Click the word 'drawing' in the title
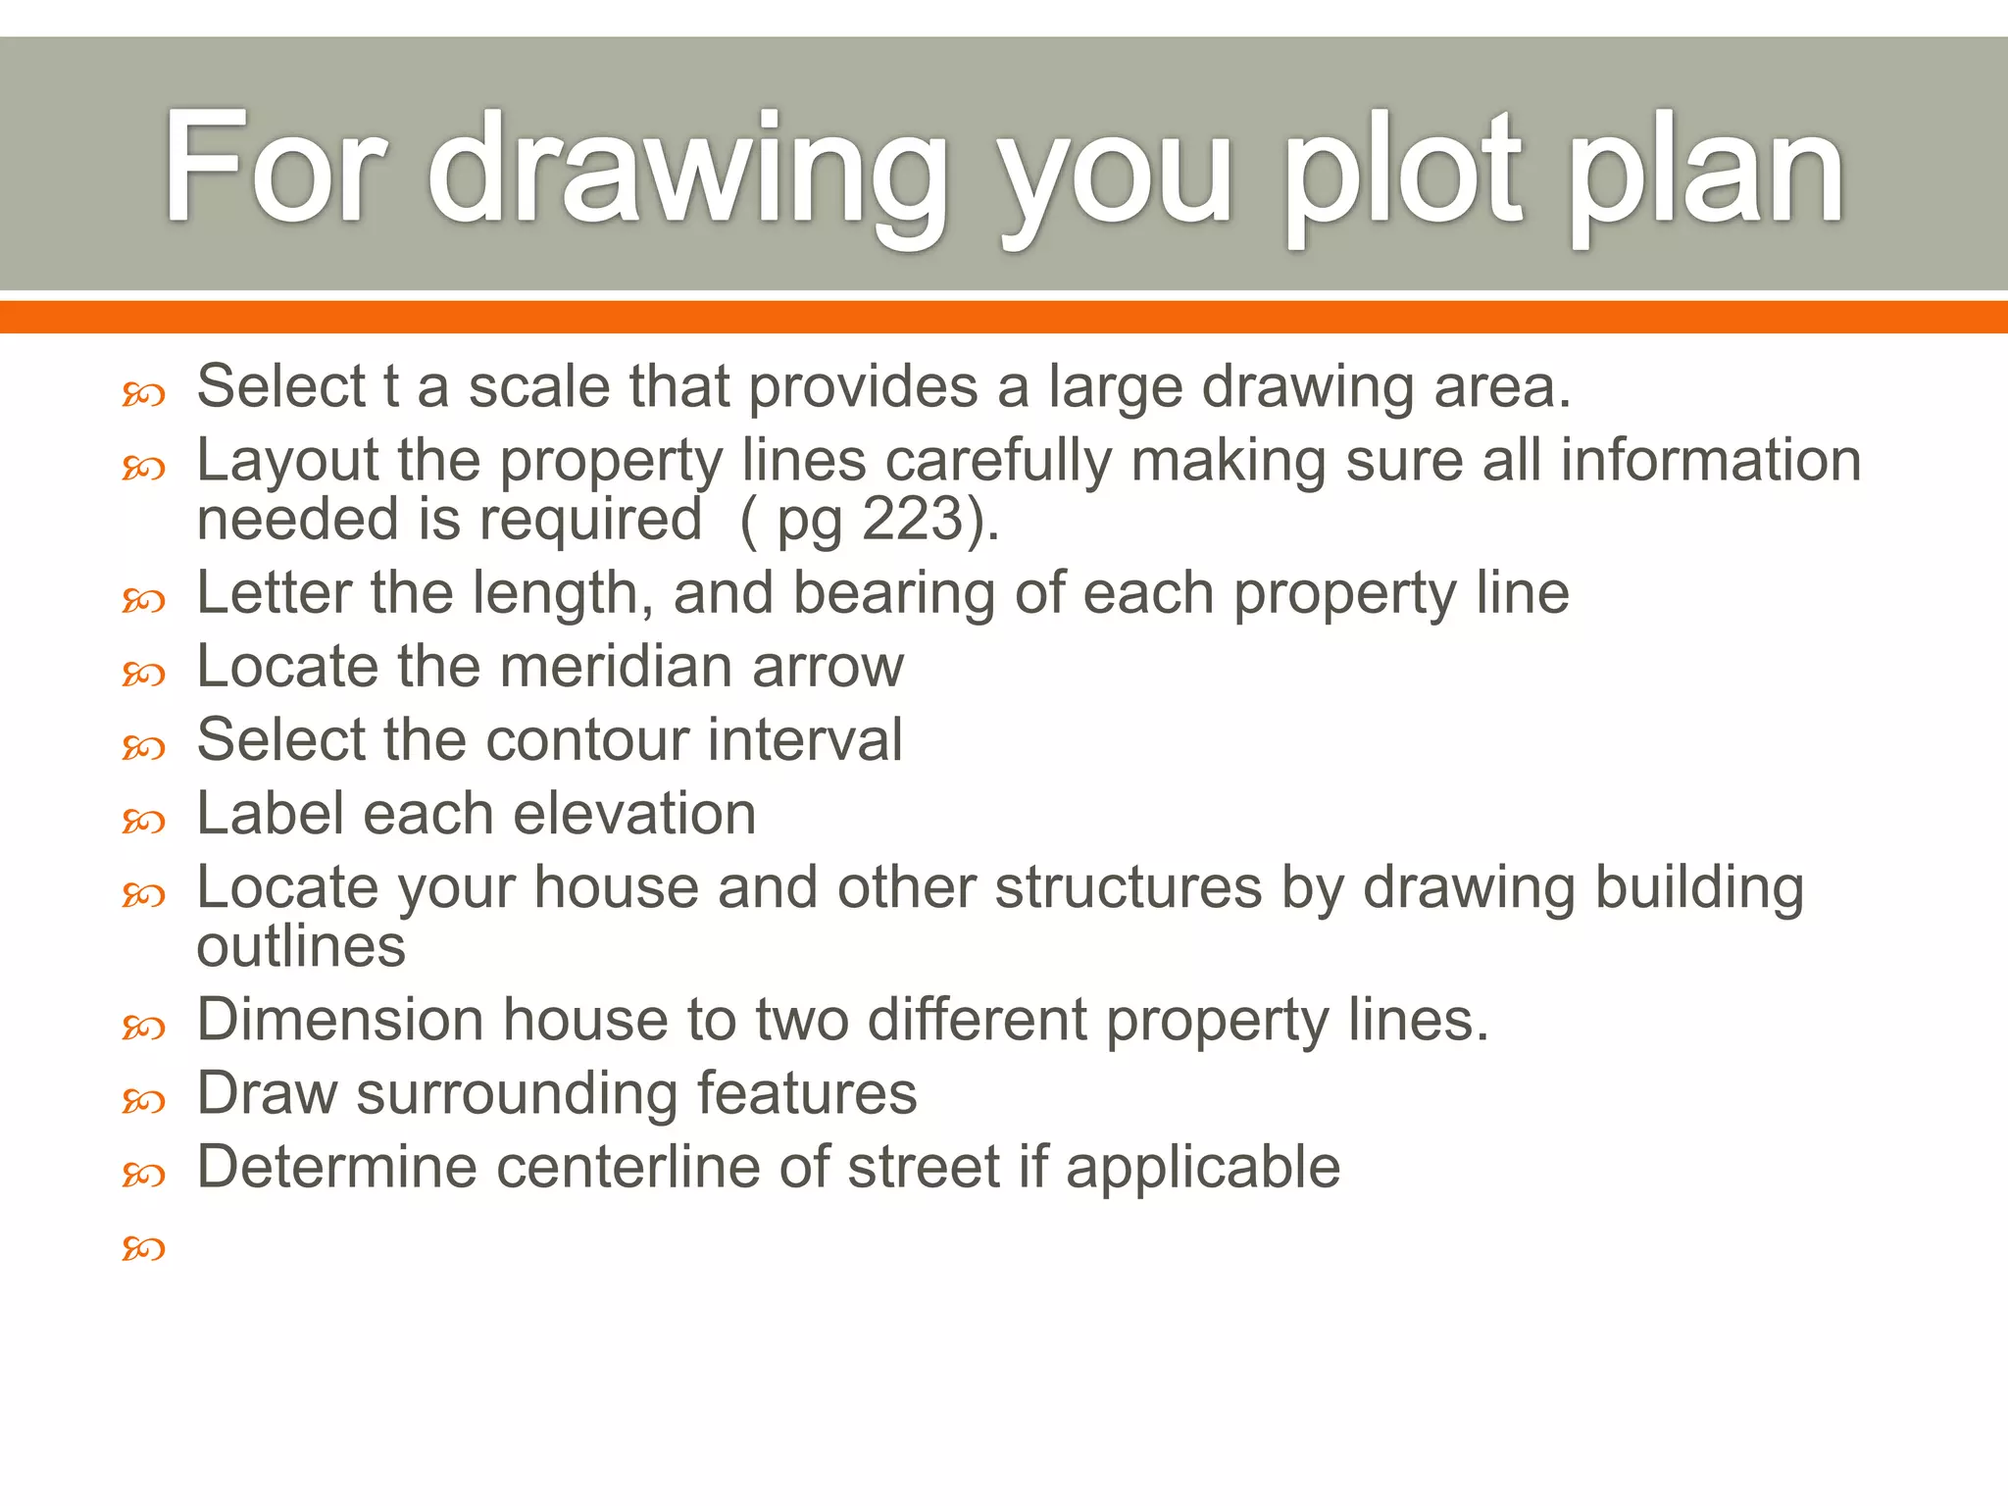[686, 172]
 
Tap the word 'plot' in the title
[1402, 172]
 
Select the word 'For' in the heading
[275, 167]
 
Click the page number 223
[913, 519]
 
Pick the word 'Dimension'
[340, 1020]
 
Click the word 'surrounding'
[517, 1093]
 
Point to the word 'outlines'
[301, 947]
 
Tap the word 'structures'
[1128, 887]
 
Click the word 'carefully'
[999, 461]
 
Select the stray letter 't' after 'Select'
[391, 386]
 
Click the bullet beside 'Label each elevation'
[143, 821]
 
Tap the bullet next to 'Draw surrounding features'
[143, 1101]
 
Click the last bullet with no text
[143, 1248]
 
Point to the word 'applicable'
[1203, 1169]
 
